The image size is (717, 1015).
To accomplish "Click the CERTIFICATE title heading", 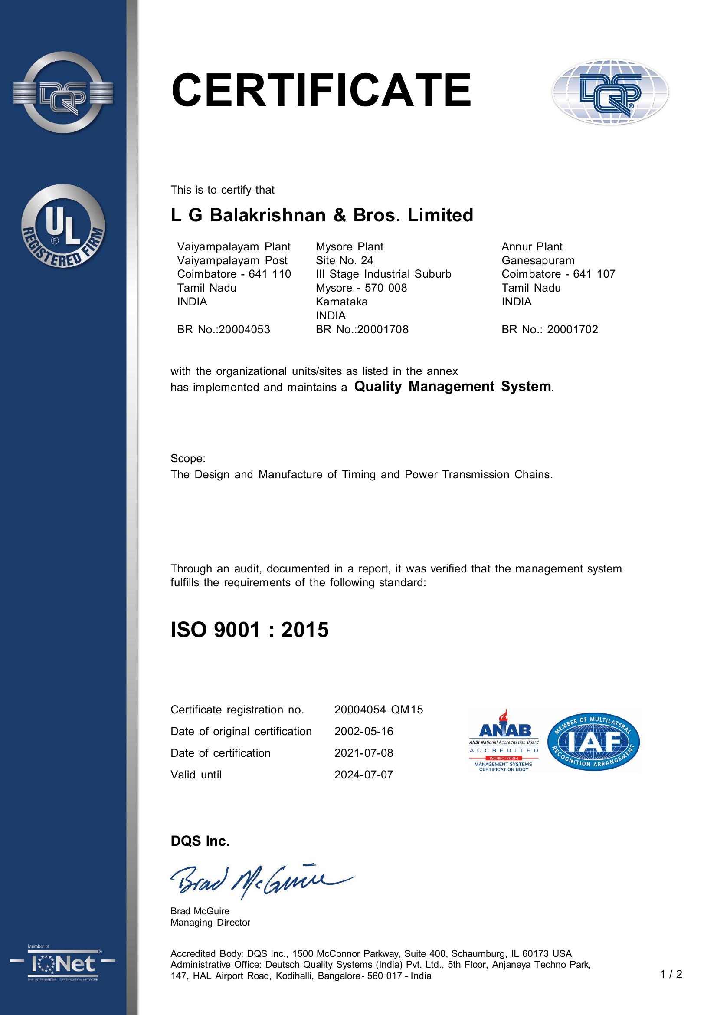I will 321,91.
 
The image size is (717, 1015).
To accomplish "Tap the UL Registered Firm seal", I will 63,227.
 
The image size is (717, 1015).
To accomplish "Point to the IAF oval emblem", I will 593,742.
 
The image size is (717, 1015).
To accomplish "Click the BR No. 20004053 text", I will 223,329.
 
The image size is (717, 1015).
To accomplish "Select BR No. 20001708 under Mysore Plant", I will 362,329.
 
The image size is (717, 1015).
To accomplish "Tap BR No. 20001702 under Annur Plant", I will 550,329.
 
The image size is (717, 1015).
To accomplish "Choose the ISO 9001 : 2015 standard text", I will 249,630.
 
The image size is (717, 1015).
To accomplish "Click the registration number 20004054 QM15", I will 379,710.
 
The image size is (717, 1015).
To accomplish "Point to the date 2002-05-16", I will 363,731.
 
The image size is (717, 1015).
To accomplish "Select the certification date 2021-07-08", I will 363,753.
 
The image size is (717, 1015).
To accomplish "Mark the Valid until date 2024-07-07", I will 363,775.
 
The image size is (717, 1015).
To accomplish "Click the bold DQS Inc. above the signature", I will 200,841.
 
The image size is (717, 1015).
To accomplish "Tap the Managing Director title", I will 210,922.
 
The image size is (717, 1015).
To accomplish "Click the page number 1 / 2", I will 671,974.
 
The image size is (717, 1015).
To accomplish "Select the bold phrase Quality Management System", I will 453,386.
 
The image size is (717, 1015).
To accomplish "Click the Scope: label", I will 188,458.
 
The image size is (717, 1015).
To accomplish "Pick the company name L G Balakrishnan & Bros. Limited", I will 321,215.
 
